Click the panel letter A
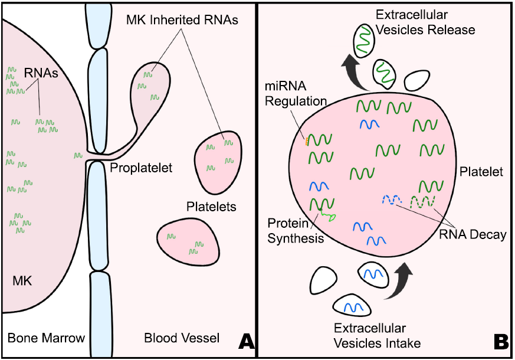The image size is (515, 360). (245, 342)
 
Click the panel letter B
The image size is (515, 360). (501, 342)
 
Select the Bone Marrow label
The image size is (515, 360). (46, 338)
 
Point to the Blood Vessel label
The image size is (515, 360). (182, 338)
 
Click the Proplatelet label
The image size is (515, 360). (141, 168)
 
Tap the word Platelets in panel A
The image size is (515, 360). (211, 207)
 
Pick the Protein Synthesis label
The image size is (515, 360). (296, 231)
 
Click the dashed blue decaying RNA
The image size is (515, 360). (391, 200)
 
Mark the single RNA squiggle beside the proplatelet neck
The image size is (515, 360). (77, 156)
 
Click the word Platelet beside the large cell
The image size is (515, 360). (481, 172)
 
